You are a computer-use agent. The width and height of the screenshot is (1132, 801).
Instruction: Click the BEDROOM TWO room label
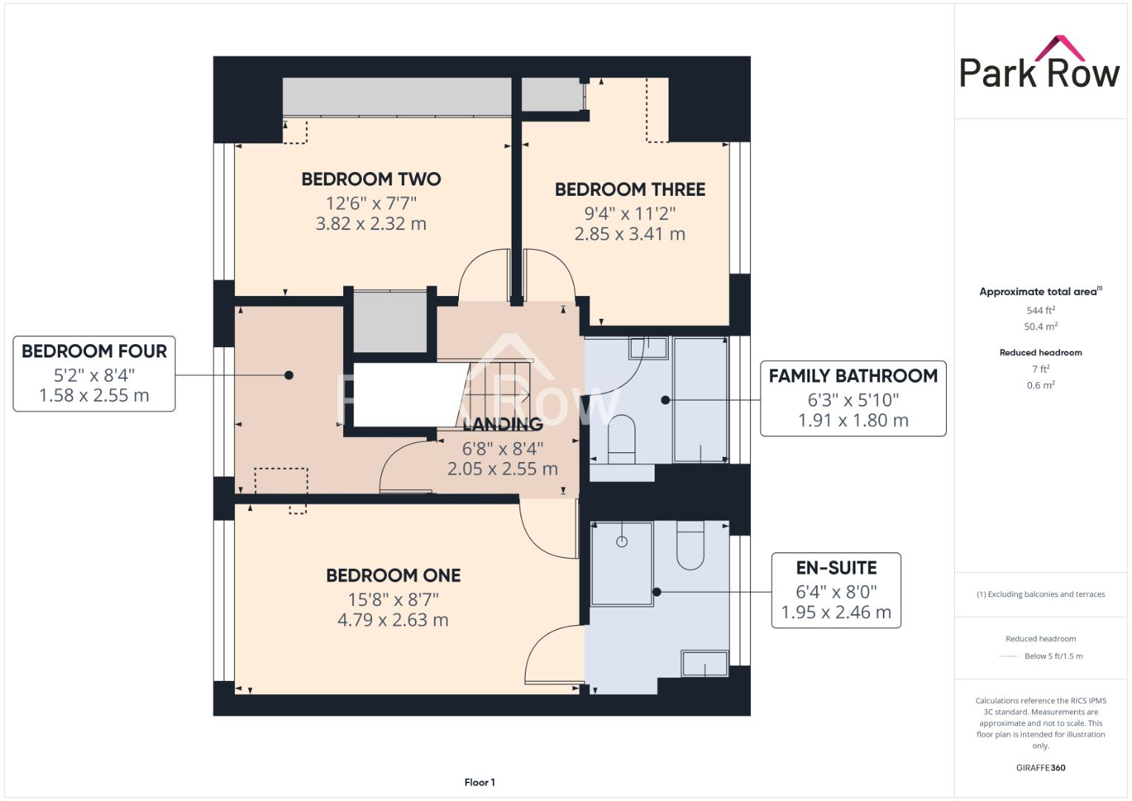pyautogui.click(x=371, y=179)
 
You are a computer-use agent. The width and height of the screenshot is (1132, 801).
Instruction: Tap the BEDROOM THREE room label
pyautogui.click(x=629, y=189)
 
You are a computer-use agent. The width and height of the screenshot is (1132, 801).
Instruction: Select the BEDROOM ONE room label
pyautogui.click(x=393, y=576)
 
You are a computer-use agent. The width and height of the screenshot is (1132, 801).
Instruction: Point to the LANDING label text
pyautogui.click(x=503, y=424)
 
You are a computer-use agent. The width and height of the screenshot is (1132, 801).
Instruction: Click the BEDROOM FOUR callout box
pyautogui.click(x=94, y=373)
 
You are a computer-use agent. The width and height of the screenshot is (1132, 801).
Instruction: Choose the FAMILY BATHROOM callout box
pyautogui.click(x=853, y=398)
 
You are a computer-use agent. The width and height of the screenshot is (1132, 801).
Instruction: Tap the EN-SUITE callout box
pyautogui.click(x=835, y=590)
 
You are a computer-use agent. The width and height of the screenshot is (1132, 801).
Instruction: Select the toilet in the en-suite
pyautogui.click(x=689, y=546)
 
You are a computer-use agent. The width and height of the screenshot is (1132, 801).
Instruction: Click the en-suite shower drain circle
pyautogui.click(x=621, y=541)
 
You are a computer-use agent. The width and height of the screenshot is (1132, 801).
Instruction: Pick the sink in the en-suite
pyautogui.click(x=704, y=663)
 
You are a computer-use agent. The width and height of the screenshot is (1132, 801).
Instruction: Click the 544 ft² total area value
pyautogui.click(x=1040, y=311)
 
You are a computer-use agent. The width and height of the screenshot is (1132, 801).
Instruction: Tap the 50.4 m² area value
pyautogui.click(x=1040, y=326)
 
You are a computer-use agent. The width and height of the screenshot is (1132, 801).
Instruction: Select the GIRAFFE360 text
pyautogui.click(x=1040, y=768)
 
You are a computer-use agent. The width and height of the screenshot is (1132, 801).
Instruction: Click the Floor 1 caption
pyautogui.click(x=480, y=782)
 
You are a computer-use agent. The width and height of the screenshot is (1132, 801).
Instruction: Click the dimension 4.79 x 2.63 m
pyautogui.click(x=393, y=620)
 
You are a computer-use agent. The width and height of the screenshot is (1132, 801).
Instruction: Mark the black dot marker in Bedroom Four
pyautogui.click(x=289, y=375)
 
